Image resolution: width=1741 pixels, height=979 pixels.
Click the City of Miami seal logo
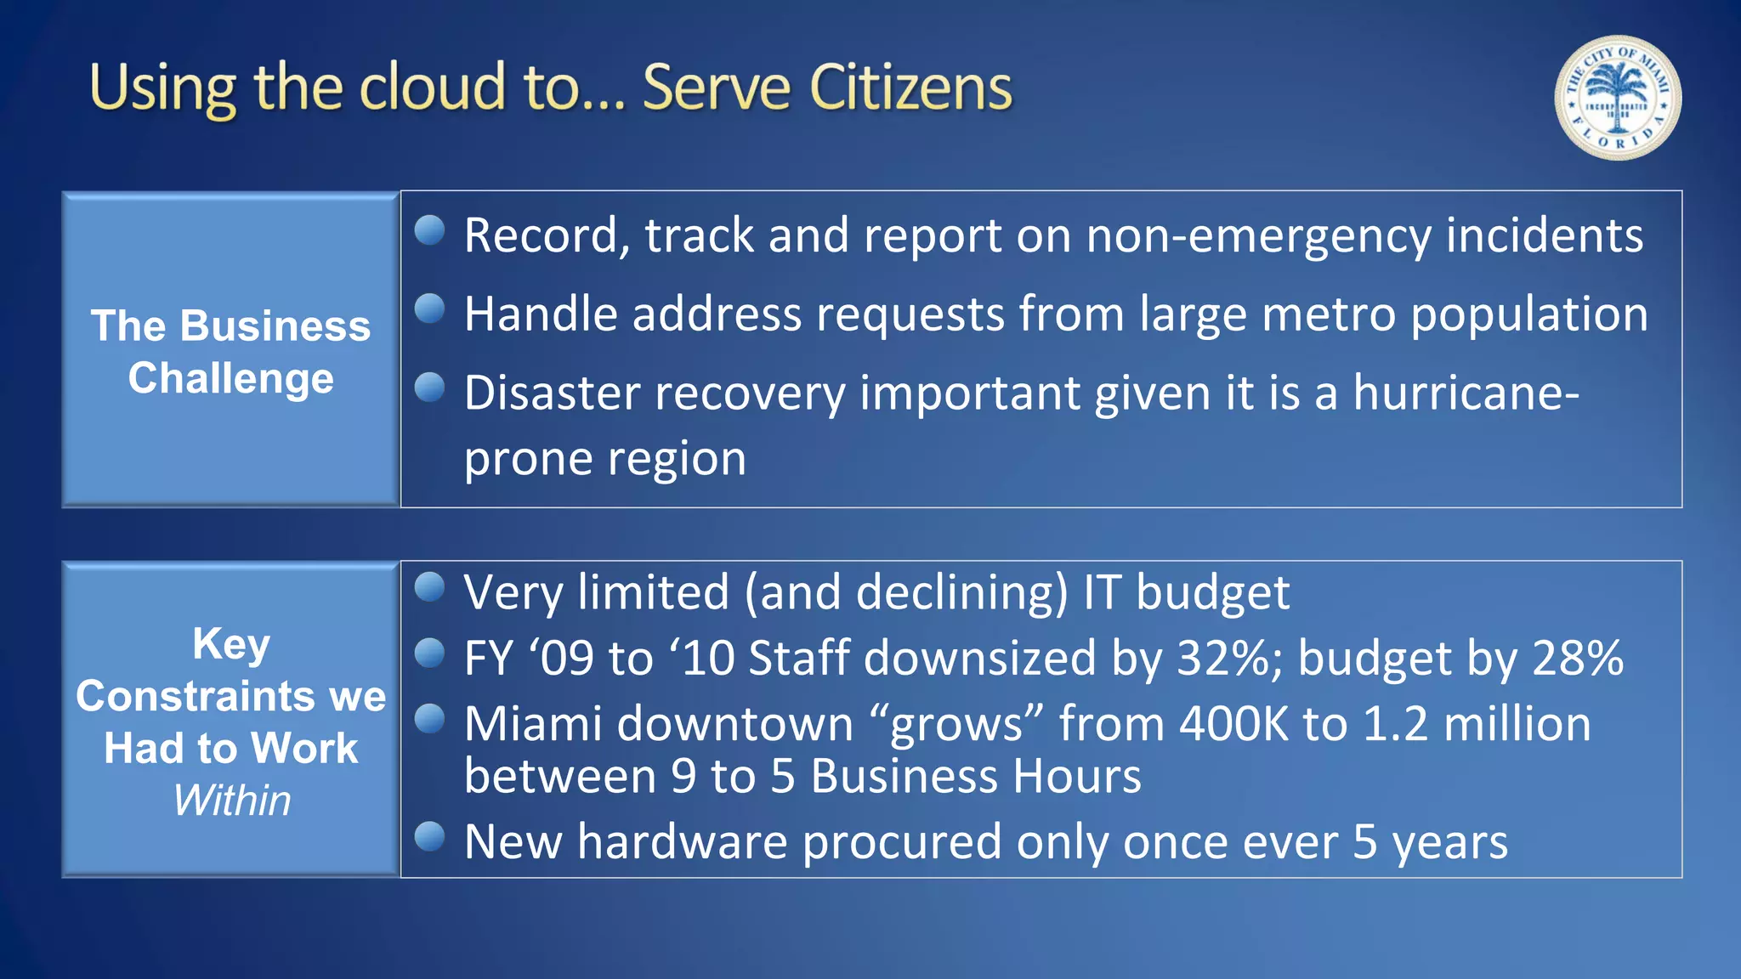[x=1617, y=97]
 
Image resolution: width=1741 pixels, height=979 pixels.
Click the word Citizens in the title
[x=910, y=88]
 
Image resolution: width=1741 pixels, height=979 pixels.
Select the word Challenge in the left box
[x=230, y=378]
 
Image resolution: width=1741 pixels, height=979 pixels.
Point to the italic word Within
[x=231, y=801]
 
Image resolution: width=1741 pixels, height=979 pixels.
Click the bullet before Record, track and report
[x=430, y=230]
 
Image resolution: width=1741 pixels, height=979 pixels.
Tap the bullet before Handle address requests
[x=430, y=308]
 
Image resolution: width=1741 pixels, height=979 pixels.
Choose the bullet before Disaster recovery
[x=430, y=388]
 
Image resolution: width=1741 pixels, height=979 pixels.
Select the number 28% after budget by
[x=1578, y=658]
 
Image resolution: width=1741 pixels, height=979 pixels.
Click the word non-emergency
[x=1258, y=235]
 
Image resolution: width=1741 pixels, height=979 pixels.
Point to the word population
[x=1529, y=314]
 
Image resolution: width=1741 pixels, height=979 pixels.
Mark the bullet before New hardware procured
[x=430, y=837]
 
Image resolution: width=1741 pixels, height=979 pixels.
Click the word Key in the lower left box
[x=231, y=643]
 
